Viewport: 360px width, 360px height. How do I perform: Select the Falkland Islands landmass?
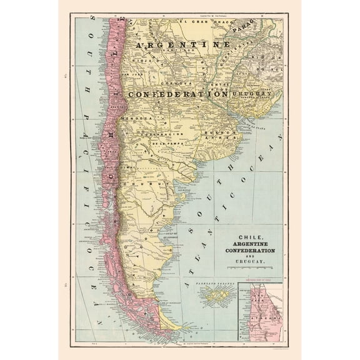217,294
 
